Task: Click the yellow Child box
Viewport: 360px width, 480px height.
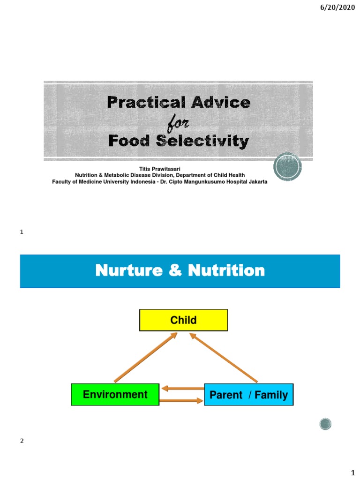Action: (183, 320)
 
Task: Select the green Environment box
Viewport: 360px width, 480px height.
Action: (115, 394)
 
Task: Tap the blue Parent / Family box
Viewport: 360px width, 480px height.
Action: (248, 395)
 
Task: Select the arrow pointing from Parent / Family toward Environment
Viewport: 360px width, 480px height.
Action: (182, 388)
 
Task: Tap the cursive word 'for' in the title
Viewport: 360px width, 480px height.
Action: (178, 123)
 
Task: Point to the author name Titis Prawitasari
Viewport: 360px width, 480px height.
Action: (159, 168)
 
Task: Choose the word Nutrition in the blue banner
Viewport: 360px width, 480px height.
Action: (226, 270)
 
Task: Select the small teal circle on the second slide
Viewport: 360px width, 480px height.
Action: (325, 424)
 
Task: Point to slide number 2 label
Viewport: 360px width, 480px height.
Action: (22, 441)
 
